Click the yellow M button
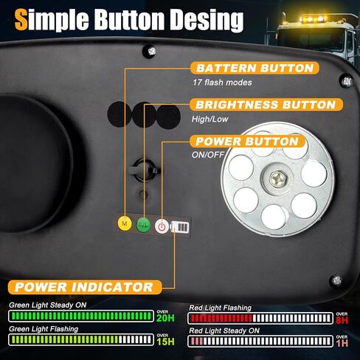click(125, 224)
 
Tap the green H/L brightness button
click(143, 224)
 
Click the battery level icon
click(180, 227)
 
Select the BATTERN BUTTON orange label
click(255, 68)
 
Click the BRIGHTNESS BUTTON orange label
click(266, 105)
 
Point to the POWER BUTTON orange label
click(247, 141)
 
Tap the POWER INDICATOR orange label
click(85, 287)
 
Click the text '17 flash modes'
click(222, 83)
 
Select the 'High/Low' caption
click(210, 120)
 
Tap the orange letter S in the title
click(21, 19)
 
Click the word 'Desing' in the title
click(207, 20)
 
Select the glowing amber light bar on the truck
click(313, 19)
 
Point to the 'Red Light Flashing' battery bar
click(260, 319)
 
